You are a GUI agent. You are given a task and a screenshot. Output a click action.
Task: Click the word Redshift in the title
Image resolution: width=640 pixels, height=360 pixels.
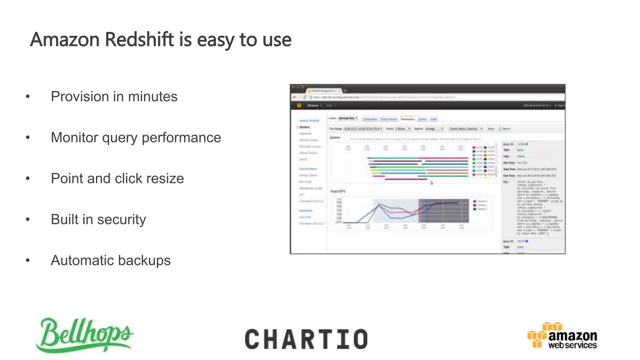(x=139, y=40)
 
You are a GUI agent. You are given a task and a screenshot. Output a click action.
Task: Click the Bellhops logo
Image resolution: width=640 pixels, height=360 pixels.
(x=84, y=335)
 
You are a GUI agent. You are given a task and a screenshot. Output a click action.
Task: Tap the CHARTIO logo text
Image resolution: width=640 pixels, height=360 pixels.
(x=306, y=339)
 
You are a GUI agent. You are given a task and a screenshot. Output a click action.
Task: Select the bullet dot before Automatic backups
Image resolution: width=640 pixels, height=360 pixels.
(x=28, y=260)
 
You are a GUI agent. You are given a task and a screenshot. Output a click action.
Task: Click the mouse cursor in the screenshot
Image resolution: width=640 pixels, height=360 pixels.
(x=432, y=183)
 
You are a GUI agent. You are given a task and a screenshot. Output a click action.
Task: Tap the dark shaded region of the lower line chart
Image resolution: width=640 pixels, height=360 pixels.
(x=444, y=211)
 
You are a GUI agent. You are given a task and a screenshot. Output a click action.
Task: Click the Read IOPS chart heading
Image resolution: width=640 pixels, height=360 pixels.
(x=338, y=191)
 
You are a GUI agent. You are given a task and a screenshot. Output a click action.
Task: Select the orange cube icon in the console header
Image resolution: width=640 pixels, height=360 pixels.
(x=299, y=105)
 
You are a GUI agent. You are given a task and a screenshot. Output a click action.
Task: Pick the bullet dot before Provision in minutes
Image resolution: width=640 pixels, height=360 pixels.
(x=28, y=97)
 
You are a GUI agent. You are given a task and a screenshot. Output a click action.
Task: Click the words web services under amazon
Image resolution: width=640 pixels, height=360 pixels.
(x=572, y=345)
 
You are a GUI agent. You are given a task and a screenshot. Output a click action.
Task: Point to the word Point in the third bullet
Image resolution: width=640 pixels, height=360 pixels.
(x=67, y=178)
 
